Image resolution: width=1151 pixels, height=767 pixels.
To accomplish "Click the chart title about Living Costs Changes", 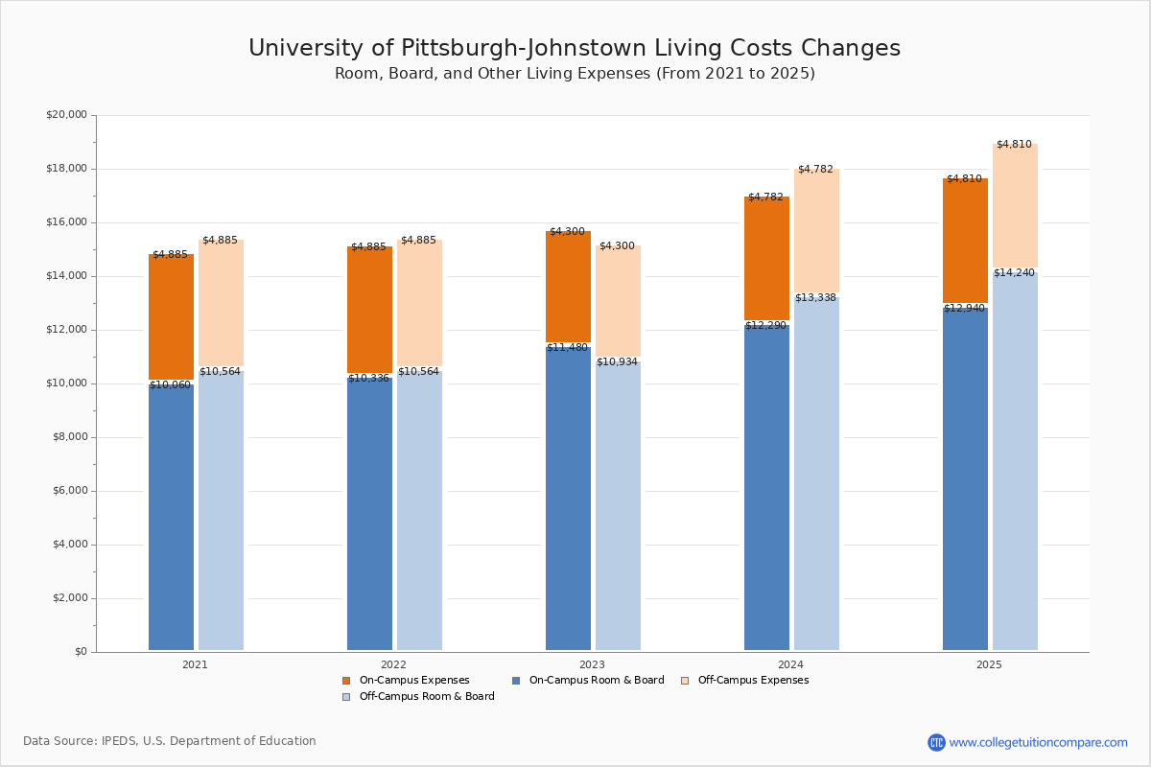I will (575, 49).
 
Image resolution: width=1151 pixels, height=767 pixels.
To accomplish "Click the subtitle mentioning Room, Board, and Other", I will (575, 74).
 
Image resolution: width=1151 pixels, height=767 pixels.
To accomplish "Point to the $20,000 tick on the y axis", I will (66, 115).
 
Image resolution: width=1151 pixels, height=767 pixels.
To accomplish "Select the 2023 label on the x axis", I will (592, 664).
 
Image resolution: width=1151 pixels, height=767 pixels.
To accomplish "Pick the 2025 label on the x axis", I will (989, 664).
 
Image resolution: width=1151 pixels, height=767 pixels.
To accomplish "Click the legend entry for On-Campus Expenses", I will (413, 681).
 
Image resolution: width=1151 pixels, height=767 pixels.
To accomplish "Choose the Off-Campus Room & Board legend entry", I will (426, 697).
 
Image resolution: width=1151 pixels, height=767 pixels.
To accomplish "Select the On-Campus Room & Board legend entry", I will (596, 681).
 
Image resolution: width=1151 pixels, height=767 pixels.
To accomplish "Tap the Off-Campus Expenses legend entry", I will (752, 681).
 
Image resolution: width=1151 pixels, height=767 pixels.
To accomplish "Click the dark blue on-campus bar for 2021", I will (171, 518).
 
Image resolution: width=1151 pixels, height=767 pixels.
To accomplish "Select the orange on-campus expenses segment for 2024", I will (766, 259).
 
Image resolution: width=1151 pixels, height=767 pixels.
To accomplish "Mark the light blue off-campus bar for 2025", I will (1015, 460).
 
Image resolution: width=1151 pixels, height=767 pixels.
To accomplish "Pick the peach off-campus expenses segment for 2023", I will (618, 302).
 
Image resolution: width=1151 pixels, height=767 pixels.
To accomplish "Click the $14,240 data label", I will (1014, 273).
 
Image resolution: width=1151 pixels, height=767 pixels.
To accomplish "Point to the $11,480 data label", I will (567, 347).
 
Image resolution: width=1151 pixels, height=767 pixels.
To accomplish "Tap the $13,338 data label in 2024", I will (815, 298).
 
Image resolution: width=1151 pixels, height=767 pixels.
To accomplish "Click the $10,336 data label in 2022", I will (368, 379).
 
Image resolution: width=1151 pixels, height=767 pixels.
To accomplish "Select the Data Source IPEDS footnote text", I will (170, 741).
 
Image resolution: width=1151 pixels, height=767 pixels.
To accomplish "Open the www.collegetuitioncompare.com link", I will (1038, 742).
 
